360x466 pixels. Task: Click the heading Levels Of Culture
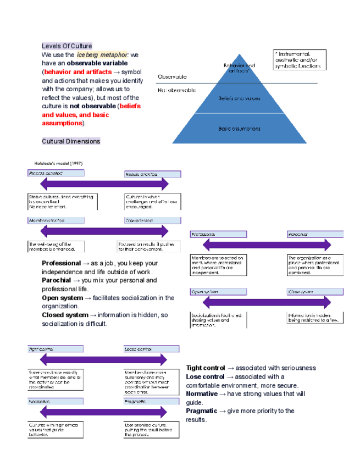(67, 46)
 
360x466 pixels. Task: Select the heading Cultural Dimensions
(71, 141)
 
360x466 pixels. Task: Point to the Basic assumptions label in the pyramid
(239, 129)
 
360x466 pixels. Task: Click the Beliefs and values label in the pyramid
(239, 99)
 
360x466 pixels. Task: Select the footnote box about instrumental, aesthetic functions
(300, 60)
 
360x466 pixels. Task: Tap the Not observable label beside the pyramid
(176, 90)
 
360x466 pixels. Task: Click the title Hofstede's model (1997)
(59, 163)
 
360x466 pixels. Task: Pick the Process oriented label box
(56, 173)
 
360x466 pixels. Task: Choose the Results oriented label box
(152, 174)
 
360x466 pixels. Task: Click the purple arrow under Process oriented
(105, 184)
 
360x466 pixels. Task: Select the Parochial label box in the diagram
(316, 235)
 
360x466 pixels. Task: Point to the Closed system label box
(315, 292)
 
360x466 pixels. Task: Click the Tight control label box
(56, 349)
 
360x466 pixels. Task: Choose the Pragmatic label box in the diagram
(151, 402)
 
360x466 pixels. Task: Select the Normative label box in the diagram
(56, 402)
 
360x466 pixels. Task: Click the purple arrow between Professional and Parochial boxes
(267, 245)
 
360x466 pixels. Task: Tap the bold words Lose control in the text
(205, 377)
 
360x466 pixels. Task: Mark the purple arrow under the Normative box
(105, 413)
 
